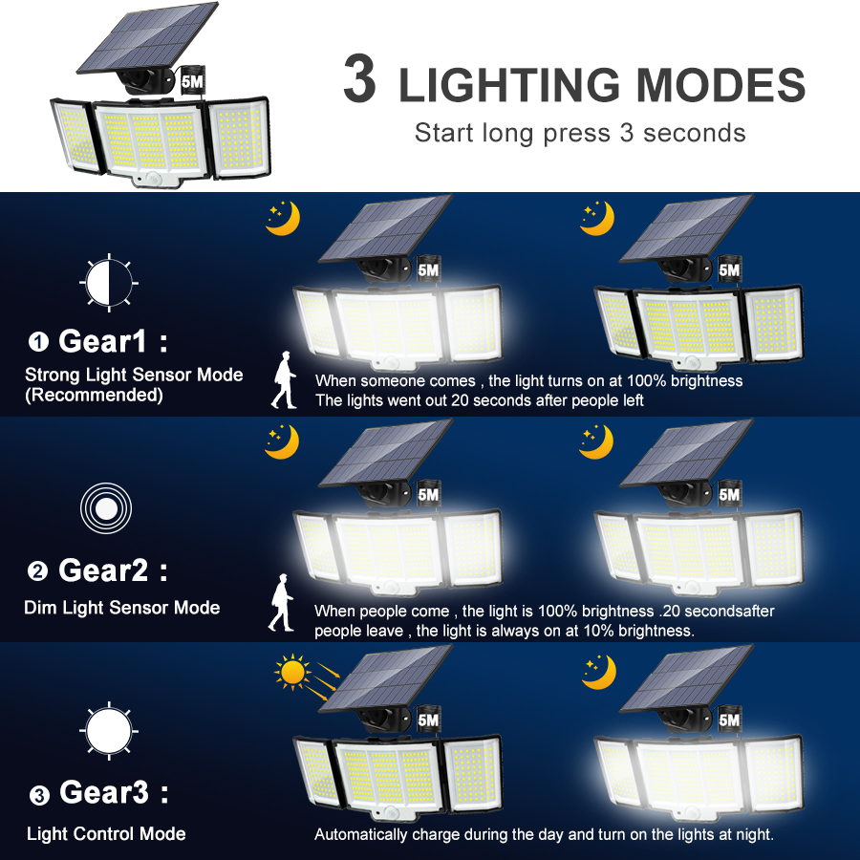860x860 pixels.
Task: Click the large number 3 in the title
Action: [359, 81]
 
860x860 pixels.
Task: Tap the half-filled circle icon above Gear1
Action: [108, 284]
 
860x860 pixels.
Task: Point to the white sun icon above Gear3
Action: [108, 731]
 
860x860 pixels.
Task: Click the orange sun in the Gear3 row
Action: [292, 673]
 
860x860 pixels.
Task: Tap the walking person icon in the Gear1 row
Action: [285, 380]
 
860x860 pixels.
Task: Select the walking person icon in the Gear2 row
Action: [282, 603]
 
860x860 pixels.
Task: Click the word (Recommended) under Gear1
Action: [94, 395]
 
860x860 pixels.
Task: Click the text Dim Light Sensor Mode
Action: [122, 608]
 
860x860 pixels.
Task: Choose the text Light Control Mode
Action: [106, 834]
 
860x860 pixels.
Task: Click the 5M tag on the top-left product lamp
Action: [191, 82]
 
